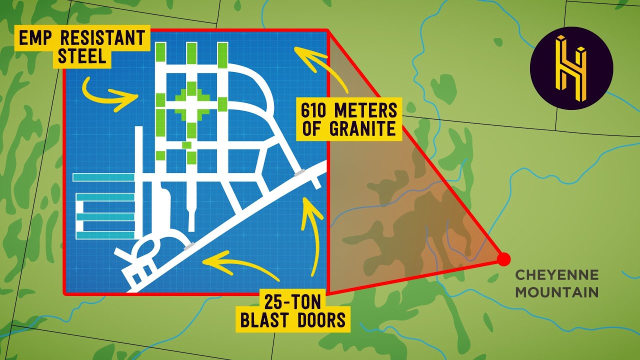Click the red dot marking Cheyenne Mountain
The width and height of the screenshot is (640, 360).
(503, 259)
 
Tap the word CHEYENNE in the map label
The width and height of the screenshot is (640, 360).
(556, 275)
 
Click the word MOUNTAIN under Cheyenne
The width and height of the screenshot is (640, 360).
(556, 292)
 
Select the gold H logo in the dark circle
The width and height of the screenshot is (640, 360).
(571, 68)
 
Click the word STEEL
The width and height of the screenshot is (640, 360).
(82, 56)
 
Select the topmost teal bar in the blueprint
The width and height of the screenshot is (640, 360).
(103, 177)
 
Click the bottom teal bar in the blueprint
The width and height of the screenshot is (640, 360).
(105, 234)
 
